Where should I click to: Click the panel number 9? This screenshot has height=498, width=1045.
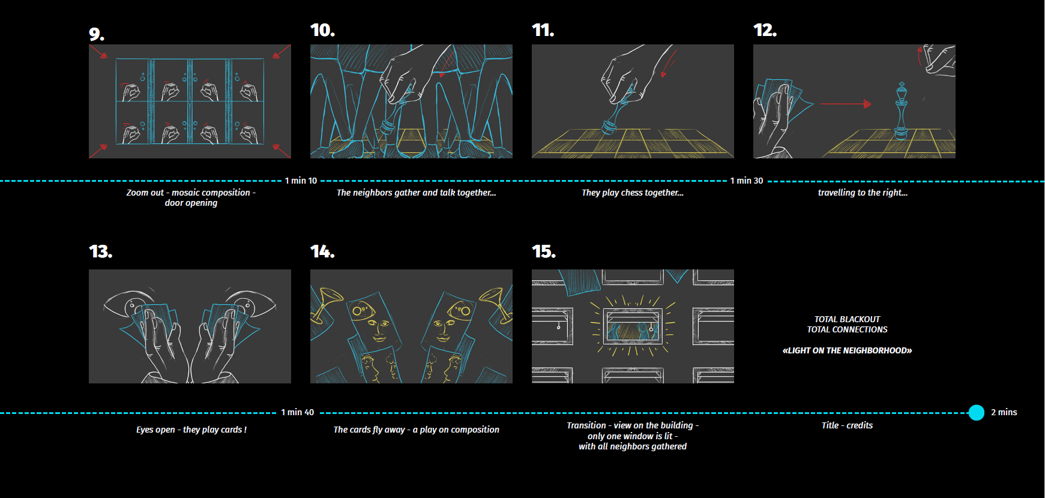(x=96, y=34)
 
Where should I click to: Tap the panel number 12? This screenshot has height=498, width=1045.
(x=765, y=30)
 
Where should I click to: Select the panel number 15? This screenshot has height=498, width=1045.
(x=543, y=251)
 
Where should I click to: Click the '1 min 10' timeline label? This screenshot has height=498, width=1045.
(x=301, y=181)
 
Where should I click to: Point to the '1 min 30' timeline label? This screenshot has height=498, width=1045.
(x=746, y=181)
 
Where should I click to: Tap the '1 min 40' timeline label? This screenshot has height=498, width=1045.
(x=297, y=412)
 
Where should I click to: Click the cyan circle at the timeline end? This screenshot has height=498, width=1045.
(x=976, y=413)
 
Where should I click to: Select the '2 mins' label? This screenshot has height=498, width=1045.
(x=1004, y=412)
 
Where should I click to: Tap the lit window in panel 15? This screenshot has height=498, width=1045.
(x=632, y=326)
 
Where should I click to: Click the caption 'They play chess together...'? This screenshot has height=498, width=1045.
(x=632, y=193)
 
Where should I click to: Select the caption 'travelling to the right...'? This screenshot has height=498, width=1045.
(x=862, y=193)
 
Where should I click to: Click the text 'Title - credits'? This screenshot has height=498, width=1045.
(x=847, y=425)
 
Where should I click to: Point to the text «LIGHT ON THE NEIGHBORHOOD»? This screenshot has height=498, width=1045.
(x=847, y=350)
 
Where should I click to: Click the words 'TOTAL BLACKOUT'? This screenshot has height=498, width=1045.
(x=847, y=319)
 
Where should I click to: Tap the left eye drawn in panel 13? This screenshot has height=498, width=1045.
(x=129, y=302)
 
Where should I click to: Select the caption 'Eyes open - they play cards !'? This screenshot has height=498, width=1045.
(x=191, y=430)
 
